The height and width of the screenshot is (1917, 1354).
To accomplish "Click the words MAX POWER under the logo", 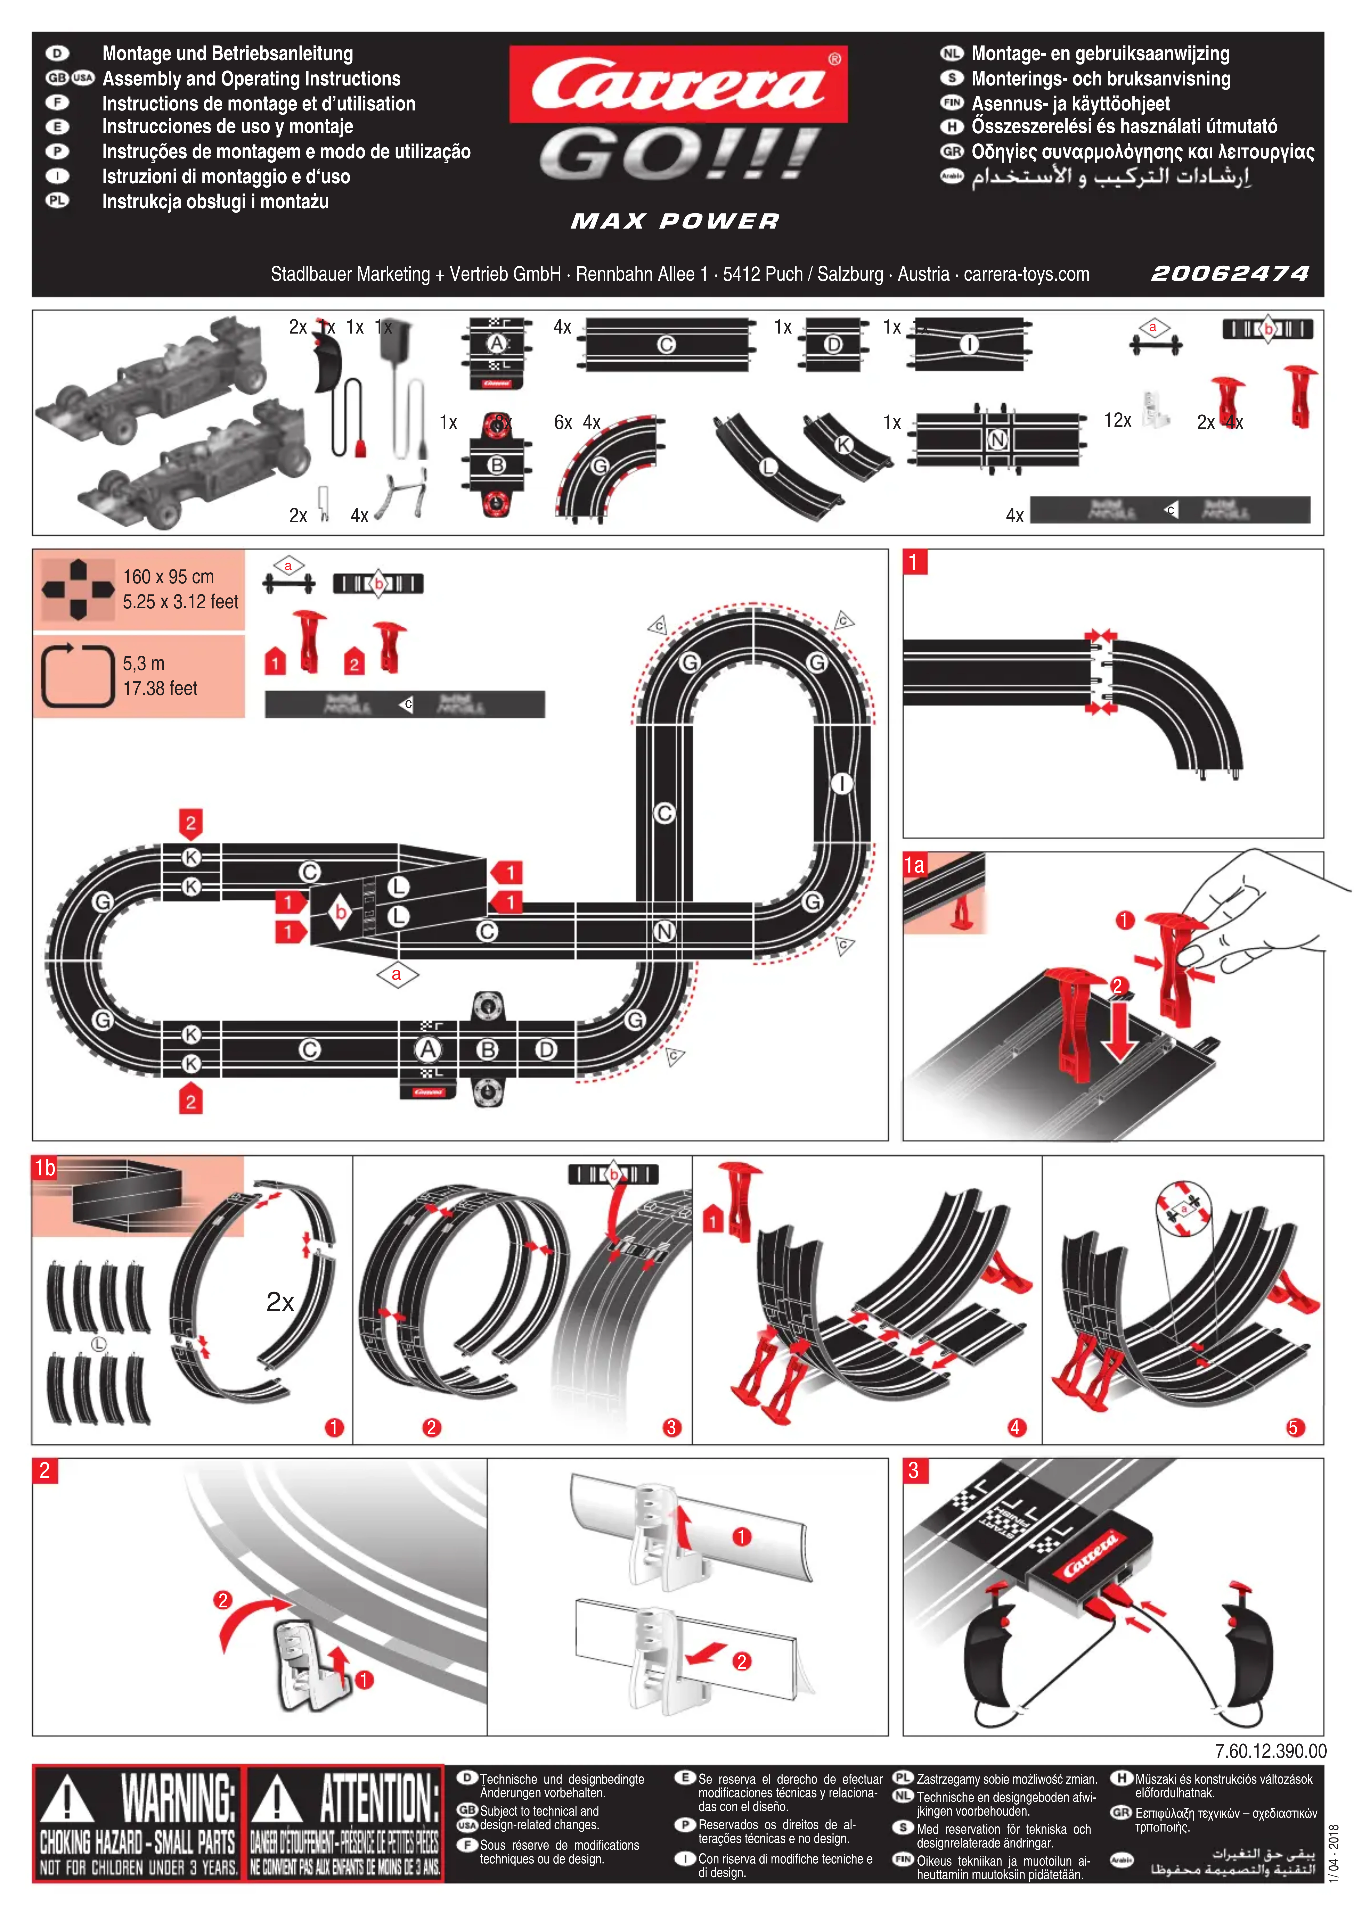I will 674,221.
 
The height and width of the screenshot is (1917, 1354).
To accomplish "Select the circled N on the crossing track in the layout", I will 664,931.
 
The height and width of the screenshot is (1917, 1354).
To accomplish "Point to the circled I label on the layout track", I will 841,783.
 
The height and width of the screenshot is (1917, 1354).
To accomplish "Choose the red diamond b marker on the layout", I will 341,913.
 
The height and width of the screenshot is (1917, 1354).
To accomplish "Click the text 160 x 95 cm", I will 169,577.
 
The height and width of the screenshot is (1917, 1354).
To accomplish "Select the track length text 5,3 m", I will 144,664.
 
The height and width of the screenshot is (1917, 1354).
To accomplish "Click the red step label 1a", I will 915,865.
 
